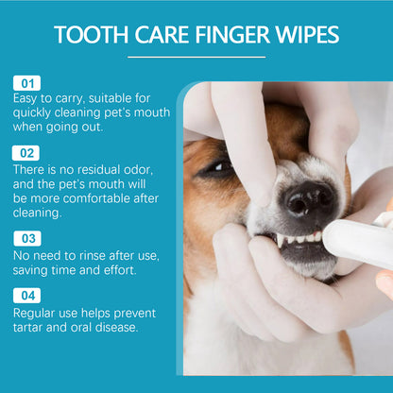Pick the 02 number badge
tap(26, 151)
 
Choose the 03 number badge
tap(26, 238)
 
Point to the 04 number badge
tap(26, 295)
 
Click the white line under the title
tap(196, 57)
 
